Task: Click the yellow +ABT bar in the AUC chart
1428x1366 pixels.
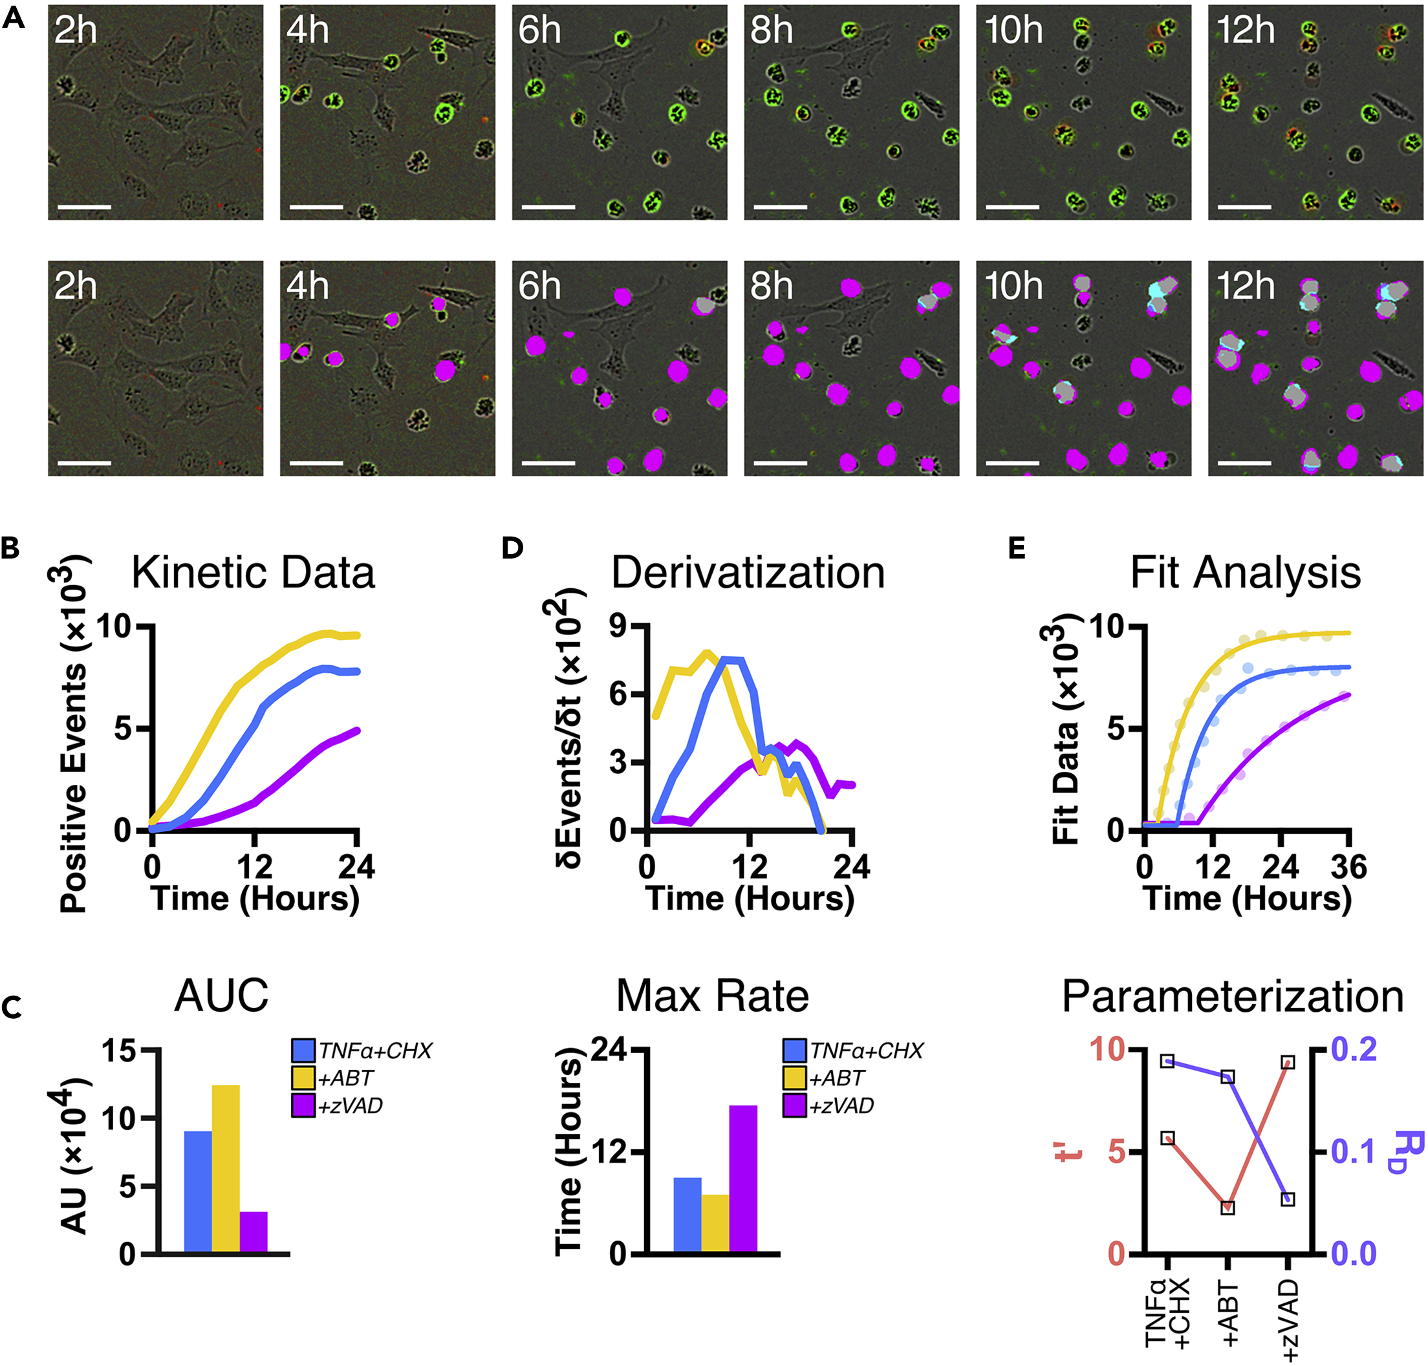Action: tap(225, 1170)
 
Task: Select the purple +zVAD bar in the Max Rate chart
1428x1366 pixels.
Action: tap(743, 1180)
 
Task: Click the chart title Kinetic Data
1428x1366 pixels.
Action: tap(253, 573)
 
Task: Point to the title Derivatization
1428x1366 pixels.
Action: tap(748, 573)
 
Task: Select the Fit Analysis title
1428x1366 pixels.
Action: tap(1245, 573)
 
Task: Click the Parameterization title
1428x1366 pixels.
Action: tap(1232, 997)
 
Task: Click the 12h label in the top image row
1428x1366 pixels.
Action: tap(1245, 30)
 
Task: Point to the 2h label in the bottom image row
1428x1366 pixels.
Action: tap(76, 287)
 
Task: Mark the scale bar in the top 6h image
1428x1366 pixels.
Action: tap(548, 208)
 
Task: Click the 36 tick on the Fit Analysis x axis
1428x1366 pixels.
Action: tap(1348, 867)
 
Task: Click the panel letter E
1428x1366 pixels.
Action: tap(1017, 548)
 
